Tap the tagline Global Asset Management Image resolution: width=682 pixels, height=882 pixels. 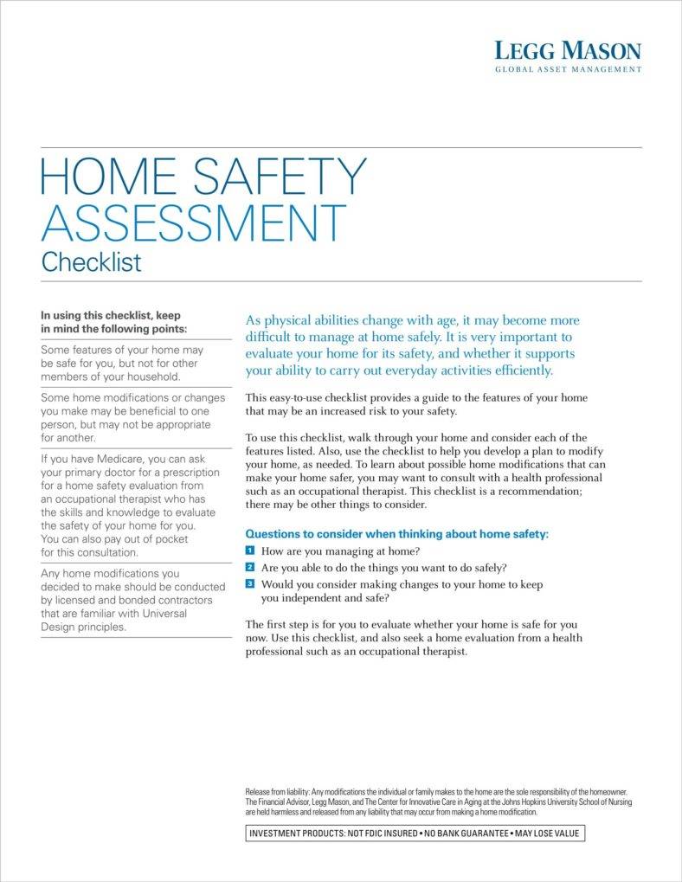coord(568,69)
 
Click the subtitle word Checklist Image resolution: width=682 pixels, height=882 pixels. coord(91,261)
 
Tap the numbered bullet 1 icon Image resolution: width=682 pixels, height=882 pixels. coord(250,550)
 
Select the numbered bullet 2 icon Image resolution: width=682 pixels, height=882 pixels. coord(250,567)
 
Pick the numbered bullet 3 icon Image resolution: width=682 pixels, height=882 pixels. coord(250,584)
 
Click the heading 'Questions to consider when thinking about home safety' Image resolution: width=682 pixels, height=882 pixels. coord(397,534)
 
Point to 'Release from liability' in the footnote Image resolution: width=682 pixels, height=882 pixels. coord(277,792)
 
